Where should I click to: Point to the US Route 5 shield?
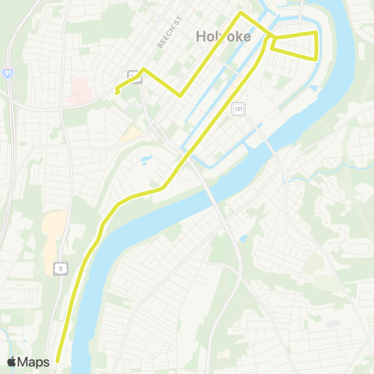click(x=59, y=268)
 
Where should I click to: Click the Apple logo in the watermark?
click(x=12, y=362)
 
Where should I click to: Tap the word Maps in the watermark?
click(x=34, y=362)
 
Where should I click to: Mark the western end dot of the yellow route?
click(x=116, y=91)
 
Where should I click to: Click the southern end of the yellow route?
click(x=58, y=361)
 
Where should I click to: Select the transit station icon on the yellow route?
click(x=134, y=76)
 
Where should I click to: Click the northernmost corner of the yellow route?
click(x=241, y=13)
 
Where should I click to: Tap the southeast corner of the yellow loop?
click(x=316, y=59)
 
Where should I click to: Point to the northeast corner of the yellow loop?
click(x=316, y=32)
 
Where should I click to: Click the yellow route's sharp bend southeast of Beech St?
click(x=181, y=96)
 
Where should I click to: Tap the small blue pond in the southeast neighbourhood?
click(x=244, y=238)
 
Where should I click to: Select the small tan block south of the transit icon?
click(x=131, y=132)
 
